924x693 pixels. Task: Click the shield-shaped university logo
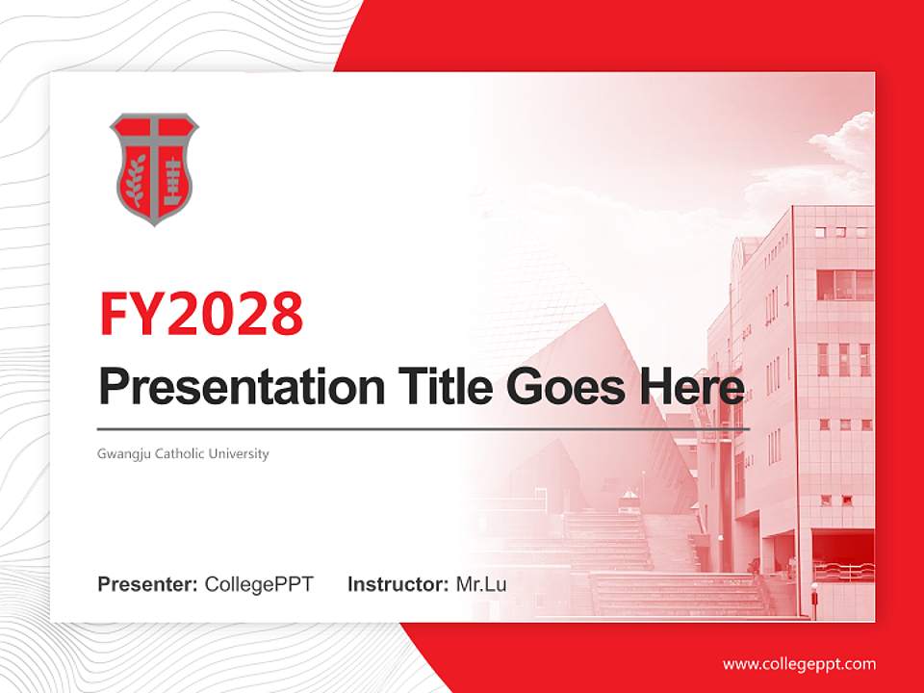pos(153,168)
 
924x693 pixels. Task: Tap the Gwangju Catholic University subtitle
pos(183,453)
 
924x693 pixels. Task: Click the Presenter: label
pos(148,584)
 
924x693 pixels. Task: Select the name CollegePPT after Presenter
pos(259,584)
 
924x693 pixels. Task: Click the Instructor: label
pos(398,584)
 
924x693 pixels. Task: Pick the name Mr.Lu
pos(481,584)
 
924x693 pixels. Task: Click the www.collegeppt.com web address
pos(799,664)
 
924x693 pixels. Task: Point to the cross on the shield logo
pos(153,144)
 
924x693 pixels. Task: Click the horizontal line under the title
pos(423,428)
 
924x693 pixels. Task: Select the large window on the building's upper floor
pos(844,284)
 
